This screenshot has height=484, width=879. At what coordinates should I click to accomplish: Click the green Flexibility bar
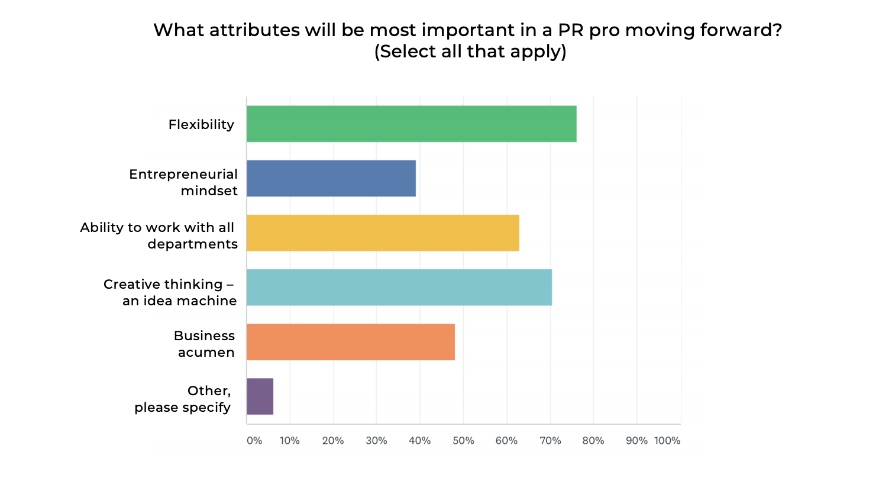(411, 124)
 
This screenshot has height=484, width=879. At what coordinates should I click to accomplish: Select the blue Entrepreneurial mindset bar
(331, 178)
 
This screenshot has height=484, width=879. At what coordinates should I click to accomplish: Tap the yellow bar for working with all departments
(383, 233)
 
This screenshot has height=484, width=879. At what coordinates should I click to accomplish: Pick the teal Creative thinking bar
(399, 287)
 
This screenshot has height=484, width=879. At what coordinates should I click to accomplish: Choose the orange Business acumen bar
(350, 341)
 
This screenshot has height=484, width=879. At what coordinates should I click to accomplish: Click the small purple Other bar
(260, 396)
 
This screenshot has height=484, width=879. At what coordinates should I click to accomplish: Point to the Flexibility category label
(201, 124)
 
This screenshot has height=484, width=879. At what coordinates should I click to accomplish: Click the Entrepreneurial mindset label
(183, 182)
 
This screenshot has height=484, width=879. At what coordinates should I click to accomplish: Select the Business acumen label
(205, 344)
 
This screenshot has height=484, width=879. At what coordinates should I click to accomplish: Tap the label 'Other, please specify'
(183, 399)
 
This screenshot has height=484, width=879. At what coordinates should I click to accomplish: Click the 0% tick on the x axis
(254, 441)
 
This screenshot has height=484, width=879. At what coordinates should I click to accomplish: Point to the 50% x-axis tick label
(463, 441)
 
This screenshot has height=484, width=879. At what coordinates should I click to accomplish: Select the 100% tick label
(667, 441)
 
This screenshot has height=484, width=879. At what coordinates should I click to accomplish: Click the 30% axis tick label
(376, 441)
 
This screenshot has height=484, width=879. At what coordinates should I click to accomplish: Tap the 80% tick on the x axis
(593, 441)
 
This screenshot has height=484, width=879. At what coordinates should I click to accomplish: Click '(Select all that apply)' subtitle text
(470, 51)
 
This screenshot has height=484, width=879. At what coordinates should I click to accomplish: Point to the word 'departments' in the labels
(192, 244)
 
